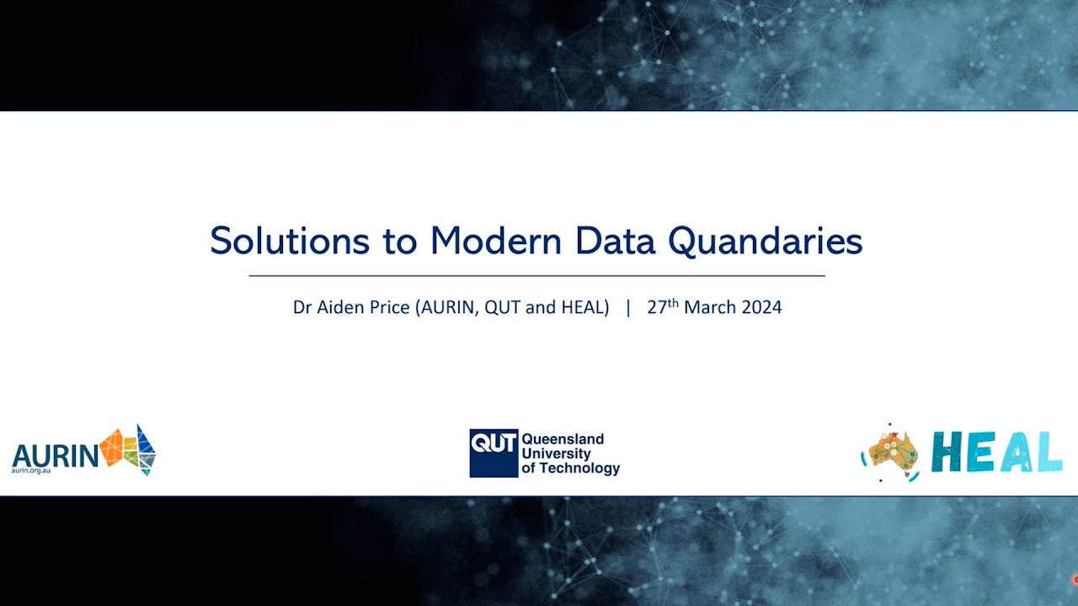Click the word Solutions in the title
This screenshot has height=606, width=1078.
tap(289, 242)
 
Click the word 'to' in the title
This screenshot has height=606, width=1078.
tap(400, 242)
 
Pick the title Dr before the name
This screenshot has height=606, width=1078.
tap(302, 308)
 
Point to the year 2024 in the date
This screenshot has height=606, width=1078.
tap(761, 308)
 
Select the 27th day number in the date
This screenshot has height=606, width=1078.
tap(662, 307)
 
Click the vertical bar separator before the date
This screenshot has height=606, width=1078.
tap(628, 308)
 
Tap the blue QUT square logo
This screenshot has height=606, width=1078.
tap(494, 453)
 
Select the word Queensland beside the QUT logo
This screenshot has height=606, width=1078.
tap(563, 439)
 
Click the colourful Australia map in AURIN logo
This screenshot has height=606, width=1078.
tap(128, 449)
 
